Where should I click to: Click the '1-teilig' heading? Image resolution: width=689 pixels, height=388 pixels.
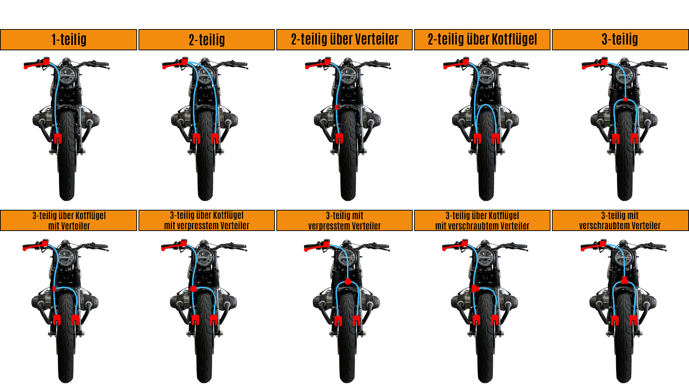(x=69, y=39)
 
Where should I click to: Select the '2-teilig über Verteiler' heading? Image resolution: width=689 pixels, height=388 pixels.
(x=344, y=39)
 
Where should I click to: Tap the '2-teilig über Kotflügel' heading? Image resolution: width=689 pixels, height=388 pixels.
(x=482, y=39)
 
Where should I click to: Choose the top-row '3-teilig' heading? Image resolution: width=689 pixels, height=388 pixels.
(x=620, y=39)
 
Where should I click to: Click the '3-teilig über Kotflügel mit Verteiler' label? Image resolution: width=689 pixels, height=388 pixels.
(x=69, y=221)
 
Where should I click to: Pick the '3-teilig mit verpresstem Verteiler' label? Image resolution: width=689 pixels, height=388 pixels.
(x=344, y=221)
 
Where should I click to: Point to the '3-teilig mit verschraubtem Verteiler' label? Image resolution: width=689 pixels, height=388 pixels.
(x=620, y=221)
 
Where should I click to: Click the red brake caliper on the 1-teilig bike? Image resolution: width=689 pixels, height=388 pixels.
(x=58, y=138)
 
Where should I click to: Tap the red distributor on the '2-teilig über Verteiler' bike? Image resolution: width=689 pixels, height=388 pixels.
(x=337, y=107)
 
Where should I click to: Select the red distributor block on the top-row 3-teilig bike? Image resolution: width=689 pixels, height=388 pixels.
(x=625, y=100)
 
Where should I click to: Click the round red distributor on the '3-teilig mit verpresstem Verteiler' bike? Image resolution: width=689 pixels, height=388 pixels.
(x=348, y=282)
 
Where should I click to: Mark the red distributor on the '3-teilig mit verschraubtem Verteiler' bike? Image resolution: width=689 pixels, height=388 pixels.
(x=624, y=280)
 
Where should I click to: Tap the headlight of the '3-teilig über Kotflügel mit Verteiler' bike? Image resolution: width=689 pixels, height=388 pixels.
(x=66, y=257)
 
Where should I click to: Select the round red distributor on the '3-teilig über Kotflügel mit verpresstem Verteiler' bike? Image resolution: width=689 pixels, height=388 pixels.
(x=193, y=288)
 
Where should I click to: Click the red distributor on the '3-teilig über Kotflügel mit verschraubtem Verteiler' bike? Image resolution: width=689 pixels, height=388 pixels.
(x=475, y=288)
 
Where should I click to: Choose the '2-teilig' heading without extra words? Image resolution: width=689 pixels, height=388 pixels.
(x=207, y=39)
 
